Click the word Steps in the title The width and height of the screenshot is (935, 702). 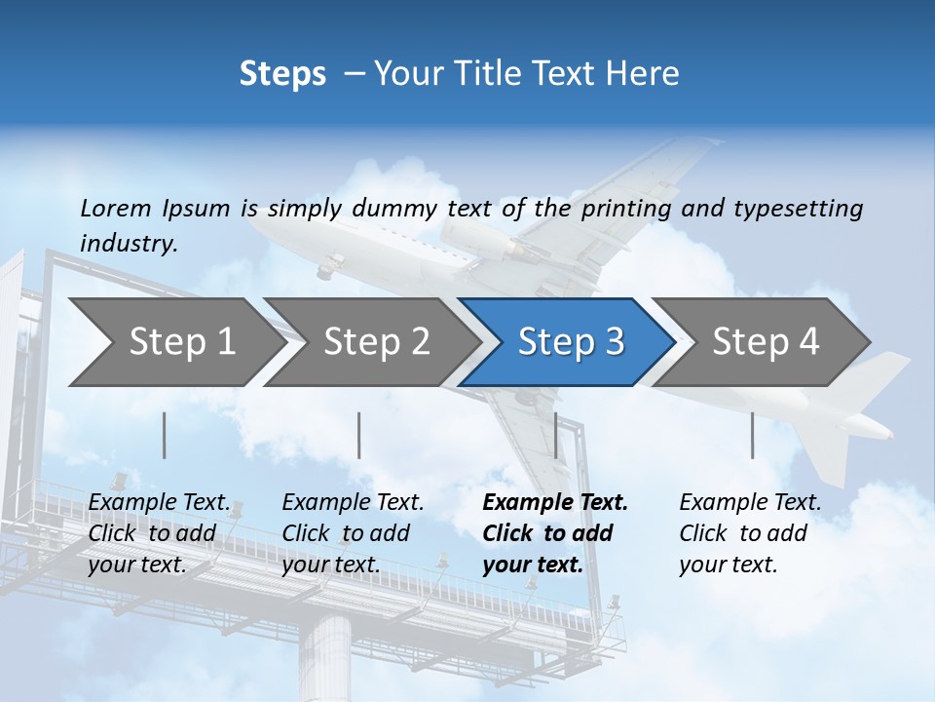pos(282,74)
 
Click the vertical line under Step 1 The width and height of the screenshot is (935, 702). pos(165,435)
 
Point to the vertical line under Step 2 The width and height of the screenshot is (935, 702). pos(359,435)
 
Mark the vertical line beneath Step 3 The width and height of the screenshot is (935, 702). pos(556,435)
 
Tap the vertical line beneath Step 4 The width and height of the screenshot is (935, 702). pos(752,435)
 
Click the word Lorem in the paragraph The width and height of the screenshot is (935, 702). pos(116,208)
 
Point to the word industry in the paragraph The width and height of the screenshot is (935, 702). pos(129,243)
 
